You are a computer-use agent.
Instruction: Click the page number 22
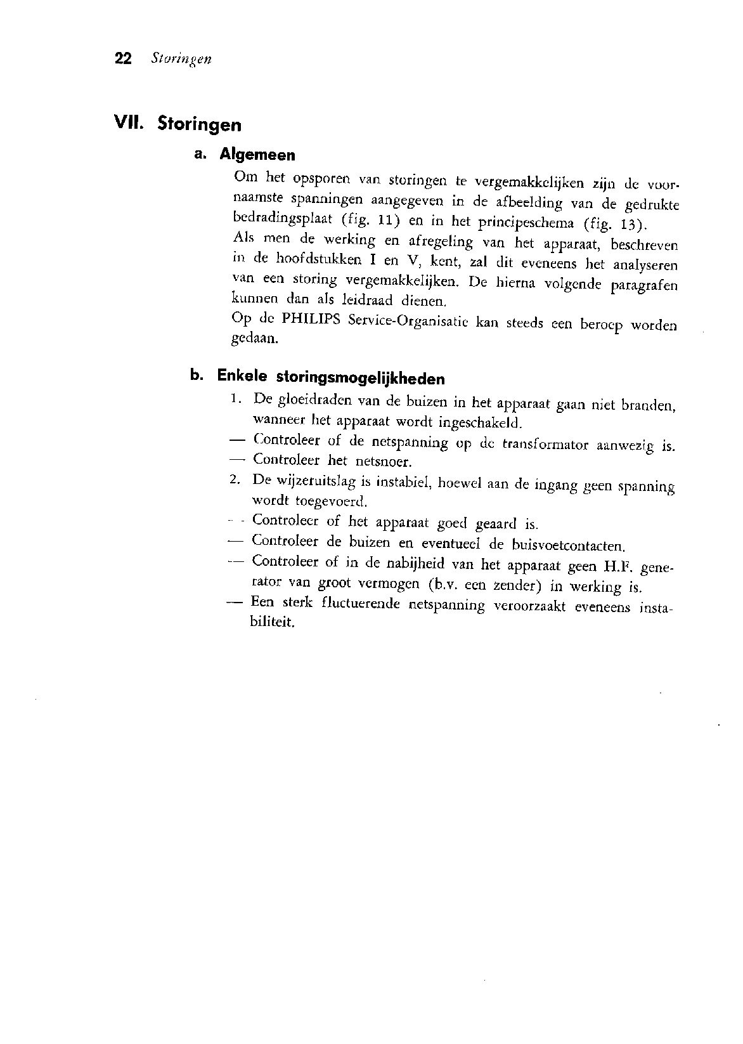coord(123,59)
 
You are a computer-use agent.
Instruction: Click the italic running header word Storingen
coord(181,60)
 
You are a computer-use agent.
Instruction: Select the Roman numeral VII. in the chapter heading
coord(129,122)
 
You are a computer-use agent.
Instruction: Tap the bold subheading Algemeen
coord(257,155)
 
